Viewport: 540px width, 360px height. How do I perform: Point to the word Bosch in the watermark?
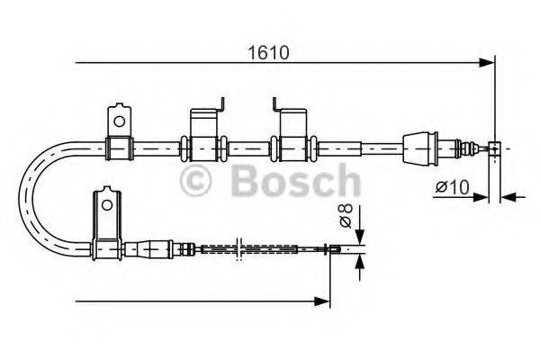click(294, 184)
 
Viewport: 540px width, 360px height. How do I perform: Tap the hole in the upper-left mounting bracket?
click(117, 117)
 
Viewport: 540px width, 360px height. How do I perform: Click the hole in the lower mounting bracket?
click(106, 203)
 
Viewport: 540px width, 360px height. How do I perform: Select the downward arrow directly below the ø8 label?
click(360, 236)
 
